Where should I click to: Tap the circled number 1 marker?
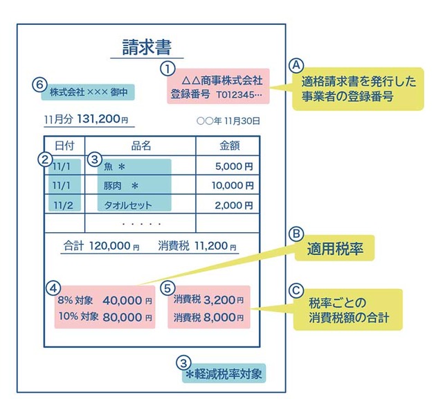167,69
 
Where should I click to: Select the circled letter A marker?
297,64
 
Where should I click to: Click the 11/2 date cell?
63,205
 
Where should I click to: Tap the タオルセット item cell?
127,205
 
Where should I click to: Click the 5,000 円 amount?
234,166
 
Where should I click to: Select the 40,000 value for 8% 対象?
122,301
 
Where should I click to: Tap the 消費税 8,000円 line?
208,318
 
